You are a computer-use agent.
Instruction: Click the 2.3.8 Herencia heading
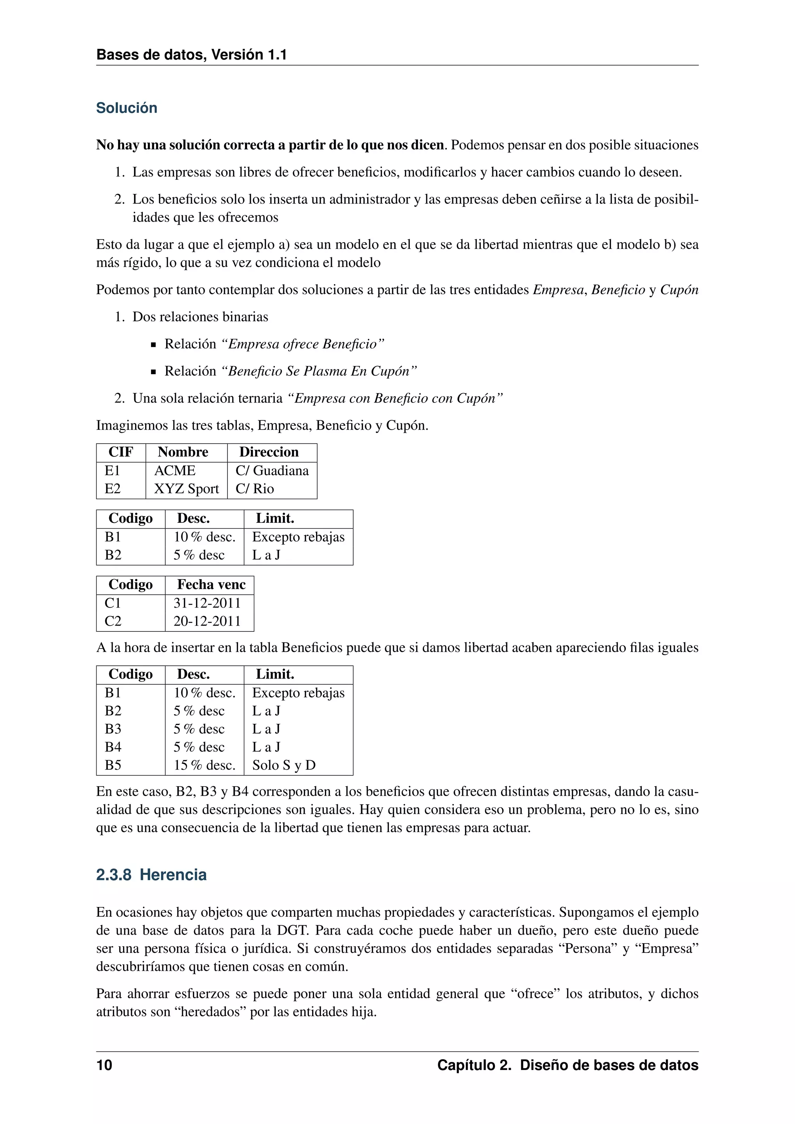151,874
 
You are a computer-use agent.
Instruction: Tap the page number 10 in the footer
104,1065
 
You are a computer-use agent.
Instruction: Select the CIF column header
120,452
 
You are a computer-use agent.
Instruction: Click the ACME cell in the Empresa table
175,470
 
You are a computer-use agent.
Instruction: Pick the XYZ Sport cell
186,489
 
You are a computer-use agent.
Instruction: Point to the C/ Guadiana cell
272,470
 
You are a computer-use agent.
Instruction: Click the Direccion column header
269,452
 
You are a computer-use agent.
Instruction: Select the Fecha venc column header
211,585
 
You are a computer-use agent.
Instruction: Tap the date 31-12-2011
207,603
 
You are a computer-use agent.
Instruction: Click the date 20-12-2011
207,621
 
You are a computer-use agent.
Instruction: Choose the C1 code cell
113,603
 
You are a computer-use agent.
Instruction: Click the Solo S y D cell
283,765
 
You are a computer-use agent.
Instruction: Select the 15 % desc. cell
204,765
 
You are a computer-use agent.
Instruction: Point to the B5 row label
113,765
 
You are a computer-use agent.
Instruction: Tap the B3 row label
113,729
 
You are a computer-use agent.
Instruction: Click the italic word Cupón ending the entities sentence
679,290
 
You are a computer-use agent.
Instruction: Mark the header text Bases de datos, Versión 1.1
191,54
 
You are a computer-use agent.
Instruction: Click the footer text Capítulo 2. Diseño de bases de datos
568,1065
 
